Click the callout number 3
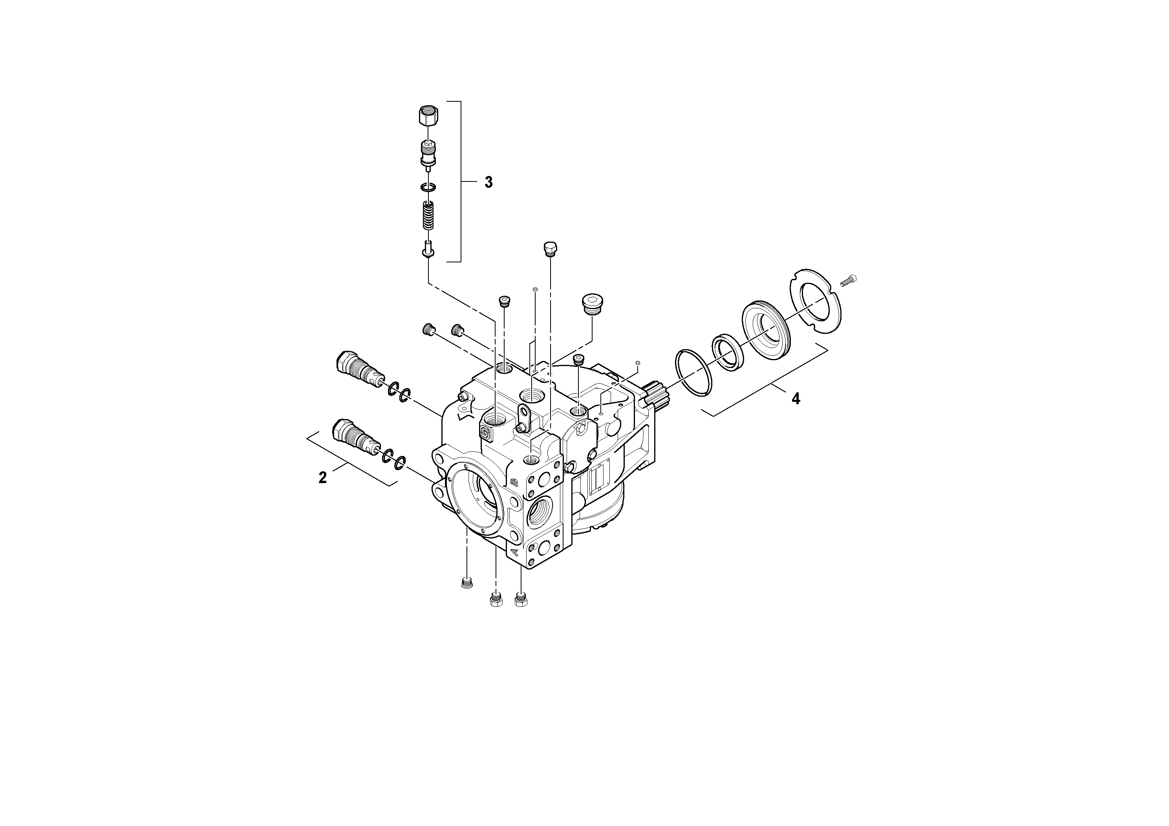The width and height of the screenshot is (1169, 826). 488,182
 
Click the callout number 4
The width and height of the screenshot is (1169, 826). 795,399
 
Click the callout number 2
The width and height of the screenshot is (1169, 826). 322,478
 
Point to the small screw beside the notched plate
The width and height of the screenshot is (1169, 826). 849,280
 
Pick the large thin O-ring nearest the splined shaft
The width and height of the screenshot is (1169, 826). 693,371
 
